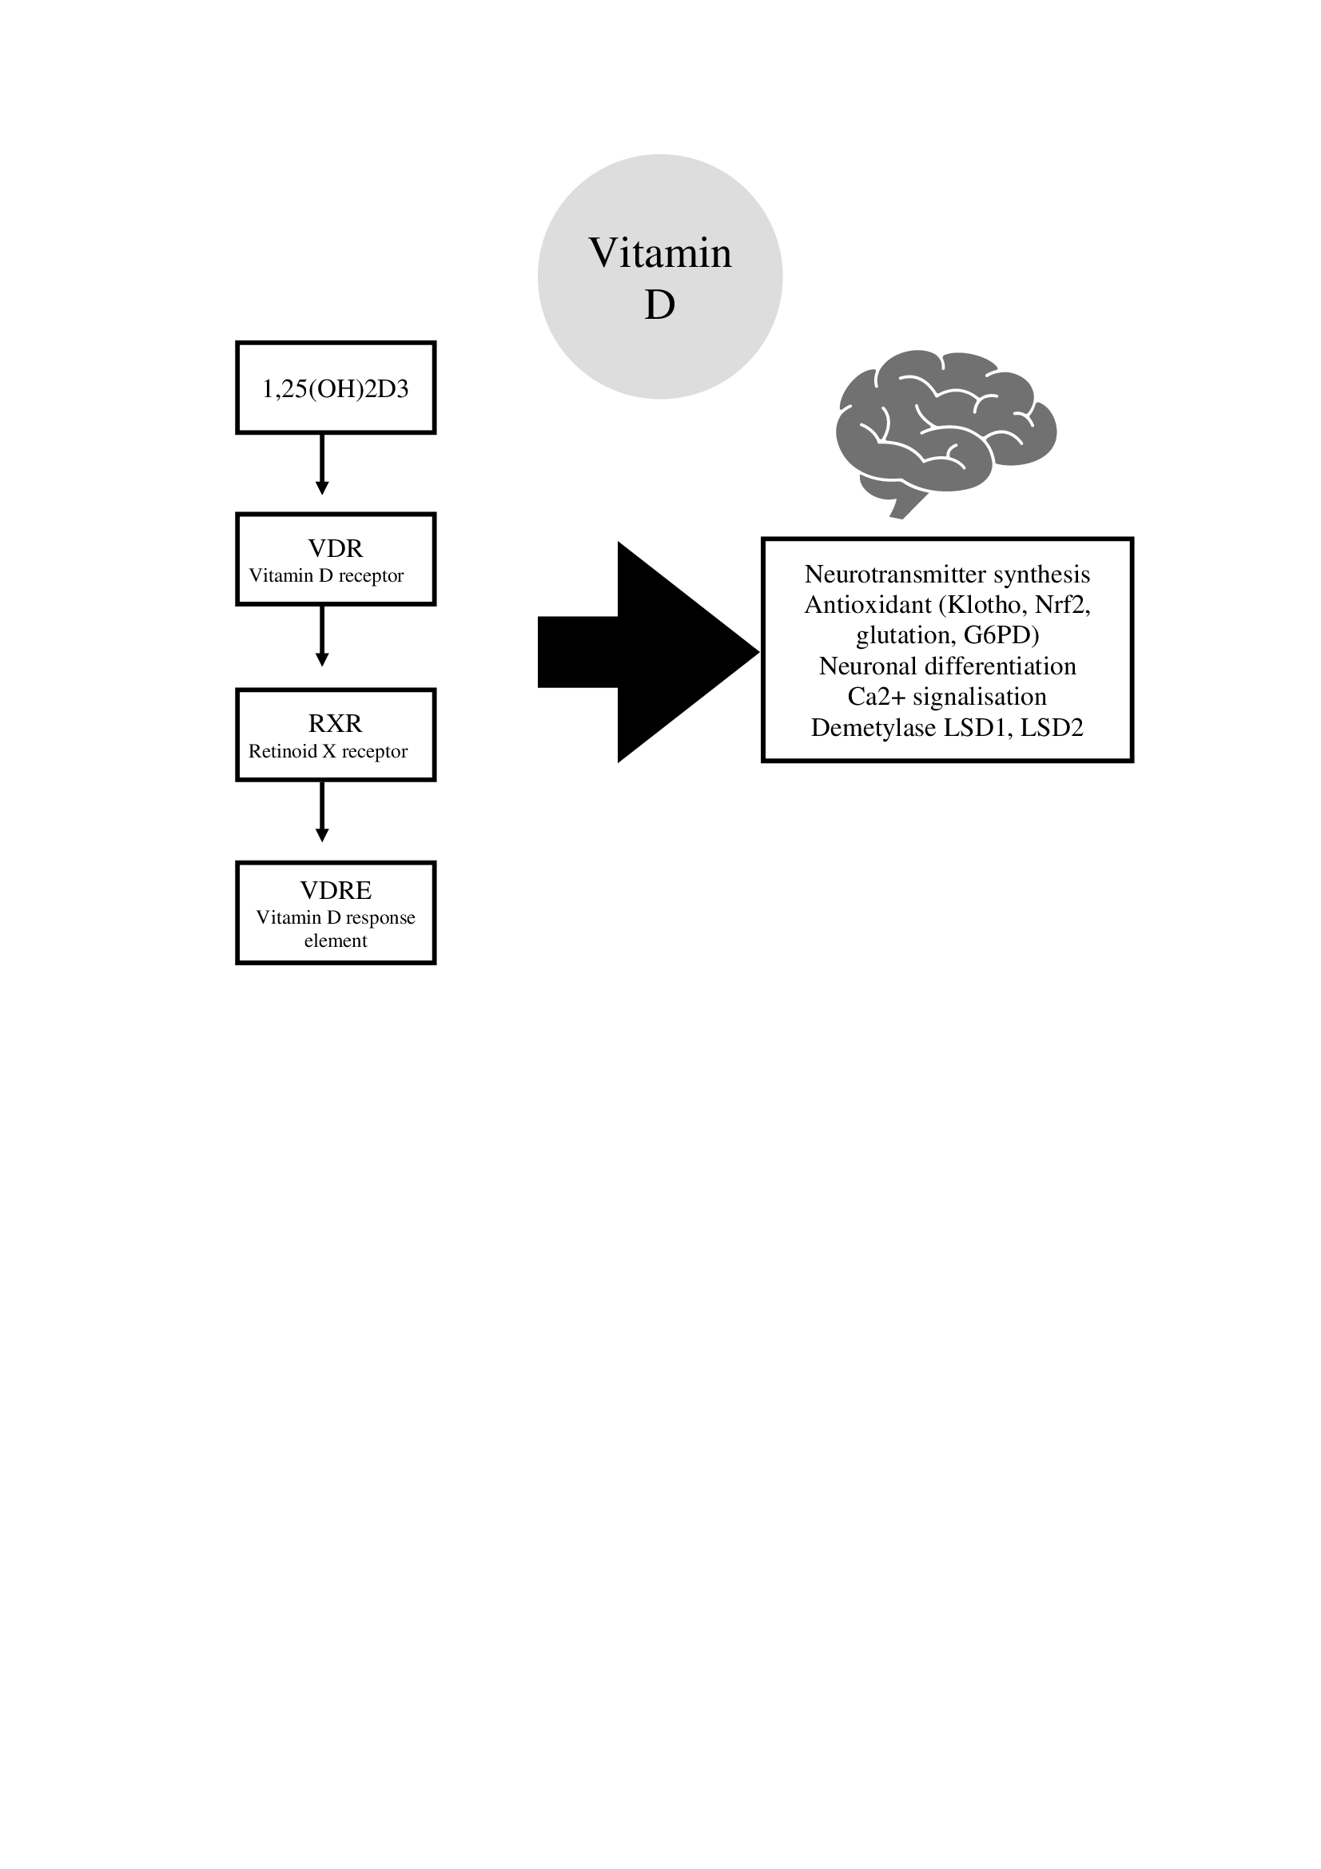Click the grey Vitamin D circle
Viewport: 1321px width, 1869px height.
coord(659,276)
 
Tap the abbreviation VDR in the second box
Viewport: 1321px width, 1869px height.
coord(336,549)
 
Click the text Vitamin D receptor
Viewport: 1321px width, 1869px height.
coord(326,576)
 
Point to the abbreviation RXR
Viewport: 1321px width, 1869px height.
coord(336,724)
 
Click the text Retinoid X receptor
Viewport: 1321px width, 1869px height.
coord(328,751)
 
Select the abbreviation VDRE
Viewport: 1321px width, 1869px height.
coord(336,890)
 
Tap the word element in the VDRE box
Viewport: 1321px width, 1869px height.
coord(336,941)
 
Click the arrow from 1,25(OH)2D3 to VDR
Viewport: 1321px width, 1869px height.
coord(321,464)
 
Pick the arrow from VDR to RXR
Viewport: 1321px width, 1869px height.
coord(321,636)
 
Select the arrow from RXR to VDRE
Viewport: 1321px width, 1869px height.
coord(321,812)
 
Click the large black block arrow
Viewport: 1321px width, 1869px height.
coord(649,652)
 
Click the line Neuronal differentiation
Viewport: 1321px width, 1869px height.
coord(948,666)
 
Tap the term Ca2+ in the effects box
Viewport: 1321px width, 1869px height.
coord(877,697)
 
